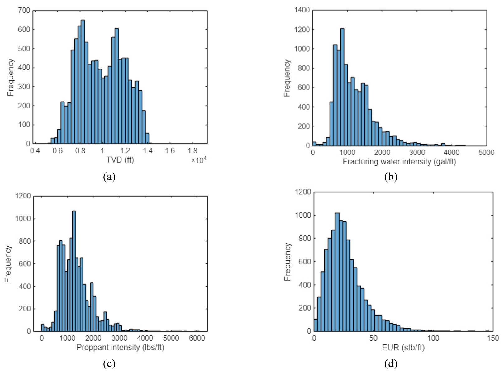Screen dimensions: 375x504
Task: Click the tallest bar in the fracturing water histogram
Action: click(342, 87)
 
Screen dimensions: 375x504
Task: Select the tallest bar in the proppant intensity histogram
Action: click(74, 271)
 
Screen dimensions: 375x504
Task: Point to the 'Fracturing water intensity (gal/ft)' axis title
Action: click(399, 161)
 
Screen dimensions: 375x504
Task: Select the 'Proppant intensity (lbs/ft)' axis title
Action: click(120, 347)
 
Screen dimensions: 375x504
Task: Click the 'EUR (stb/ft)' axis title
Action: click(403, 347)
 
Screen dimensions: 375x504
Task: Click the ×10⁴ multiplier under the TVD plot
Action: click(199, 160)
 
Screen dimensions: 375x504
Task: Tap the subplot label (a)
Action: click(109, 177)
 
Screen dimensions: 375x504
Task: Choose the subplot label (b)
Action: click(391, 177)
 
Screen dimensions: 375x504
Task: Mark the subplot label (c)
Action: click(109, 363)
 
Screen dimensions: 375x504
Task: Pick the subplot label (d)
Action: click(391, 363)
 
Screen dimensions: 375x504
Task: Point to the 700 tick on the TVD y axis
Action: click(24, 11)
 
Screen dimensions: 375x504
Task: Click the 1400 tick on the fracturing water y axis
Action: click(302, 10)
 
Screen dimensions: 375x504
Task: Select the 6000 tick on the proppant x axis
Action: click(197, 338)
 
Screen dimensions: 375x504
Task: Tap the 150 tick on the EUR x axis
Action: click(493, 338)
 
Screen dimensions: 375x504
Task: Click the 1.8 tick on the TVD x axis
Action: click(193, 151)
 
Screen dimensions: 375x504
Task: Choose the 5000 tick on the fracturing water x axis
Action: click(486, 152)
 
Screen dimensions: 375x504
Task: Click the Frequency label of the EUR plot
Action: click(287, 262)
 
